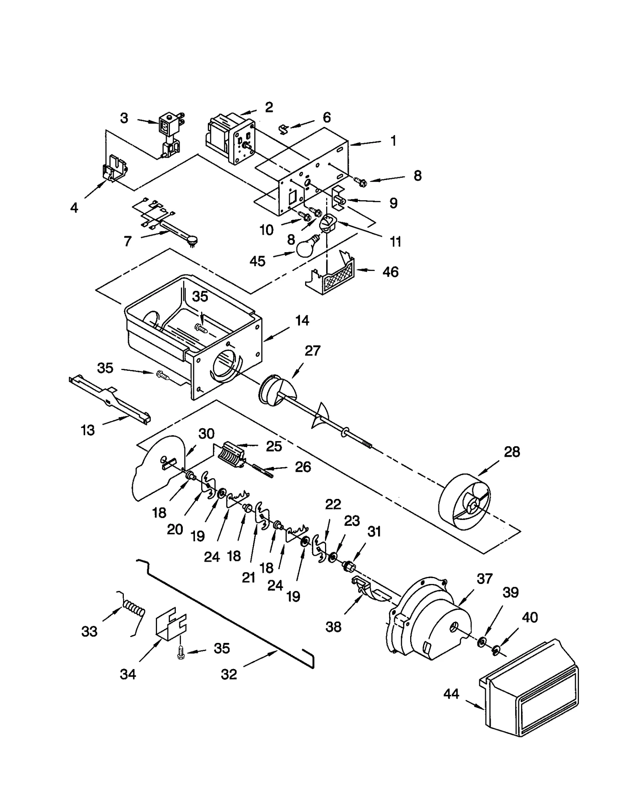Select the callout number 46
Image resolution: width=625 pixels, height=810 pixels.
tap(390, 272)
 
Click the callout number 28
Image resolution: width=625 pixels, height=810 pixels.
tap(512, 452)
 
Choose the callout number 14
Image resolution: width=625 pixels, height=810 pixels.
tap(302, 320)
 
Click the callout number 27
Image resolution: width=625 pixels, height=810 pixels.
tap(312, 351)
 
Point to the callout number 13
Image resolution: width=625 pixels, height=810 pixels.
tap(88, 430)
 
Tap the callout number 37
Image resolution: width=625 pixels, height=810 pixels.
tap(484, 578)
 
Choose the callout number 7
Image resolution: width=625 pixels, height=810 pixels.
tap(128, 241)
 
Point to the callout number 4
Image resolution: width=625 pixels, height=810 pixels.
tap(74, 208)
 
